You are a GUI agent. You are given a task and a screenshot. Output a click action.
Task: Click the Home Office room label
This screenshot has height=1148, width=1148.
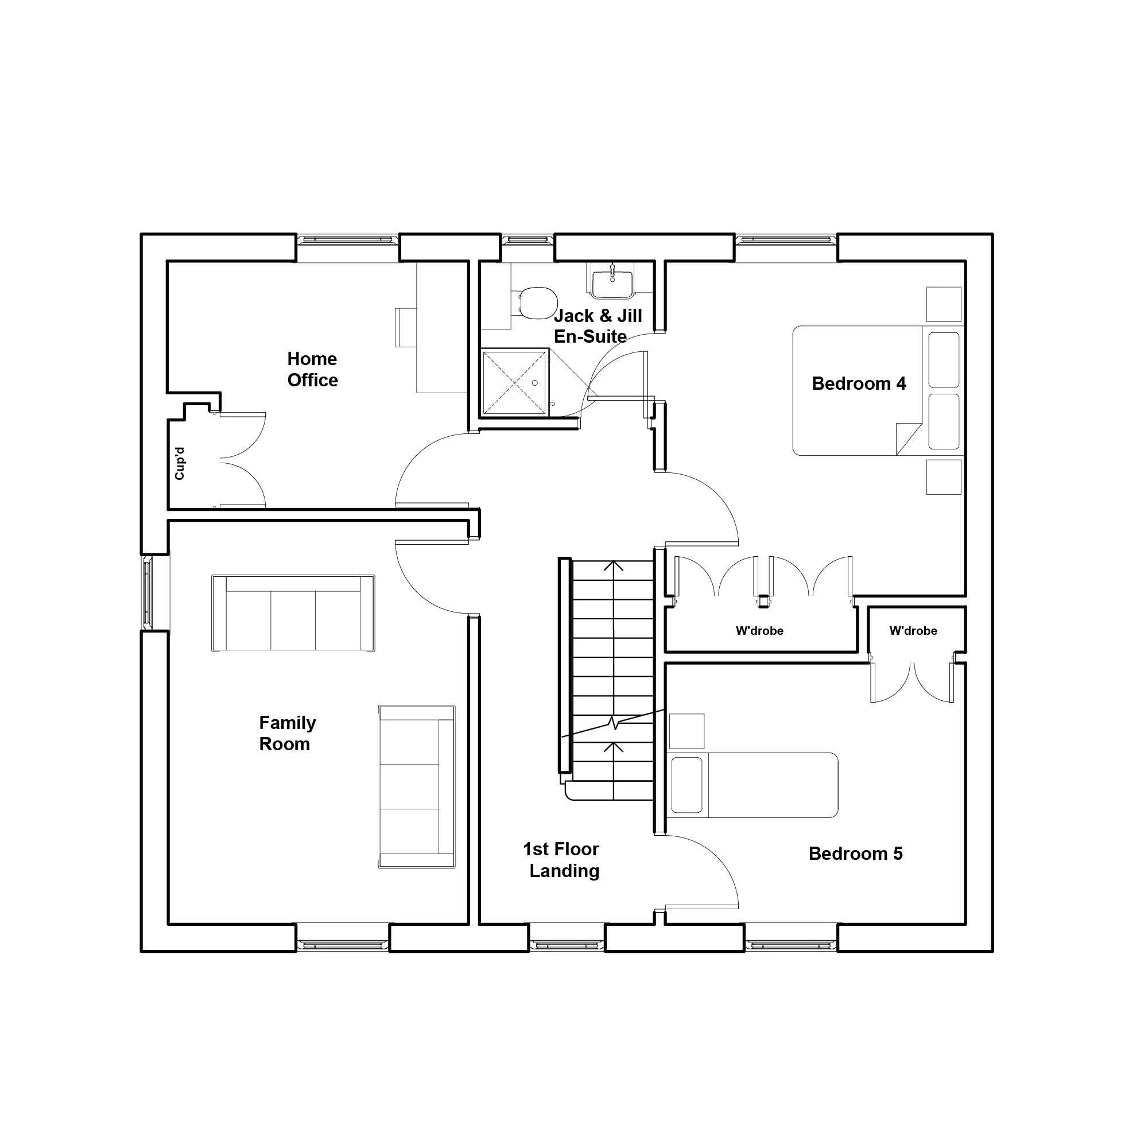313,369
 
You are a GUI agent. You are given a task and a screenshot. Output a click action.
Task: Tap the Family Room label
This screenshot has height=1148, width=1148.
287,733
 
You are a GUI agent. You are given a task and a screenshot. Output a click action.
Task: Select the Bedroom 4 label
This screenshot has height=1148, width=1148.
859,383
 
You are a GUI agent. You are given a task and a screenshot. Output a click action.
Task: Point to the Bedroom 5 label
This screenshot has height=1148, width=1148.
856,854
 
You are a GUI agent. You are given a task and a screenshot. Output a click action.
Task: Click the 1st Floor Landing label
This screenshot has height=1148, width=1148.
561,860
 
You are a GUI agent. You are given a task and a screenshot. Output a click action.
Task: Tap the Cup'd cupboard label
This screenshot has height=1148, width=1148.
180,463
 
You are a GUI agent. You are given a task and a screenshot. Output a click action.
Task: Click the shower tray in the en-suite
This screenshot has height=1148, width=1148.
514,383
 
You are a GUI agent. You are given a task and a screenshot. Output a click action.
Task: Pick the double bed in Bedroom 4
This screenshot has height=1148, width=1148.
877,390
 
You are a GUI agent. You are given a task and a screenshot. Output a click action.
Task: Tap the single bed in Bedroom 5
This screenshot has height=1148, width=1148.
753,785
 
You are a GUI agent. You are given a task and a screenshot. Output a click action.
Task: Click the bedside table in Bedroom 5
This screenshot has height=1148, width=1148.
687,731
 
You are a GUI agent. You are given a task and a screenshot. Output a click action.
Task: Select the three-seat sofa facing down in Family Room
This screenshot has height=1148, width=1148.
293,613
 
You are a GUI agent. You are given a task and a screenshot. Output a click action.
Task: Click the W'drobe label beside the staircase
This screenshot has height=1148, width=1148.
759,631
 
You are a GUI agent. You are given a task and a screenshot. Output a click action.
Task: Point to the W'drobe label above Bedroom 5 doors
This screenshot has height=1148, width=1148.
913,631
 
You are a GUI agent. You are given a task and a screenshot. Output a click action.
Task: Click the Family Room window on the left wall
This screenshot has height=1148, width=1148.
148,593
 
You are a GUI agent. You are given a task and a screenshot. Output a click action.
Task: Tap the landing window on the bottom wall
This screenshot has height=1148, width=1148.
567,945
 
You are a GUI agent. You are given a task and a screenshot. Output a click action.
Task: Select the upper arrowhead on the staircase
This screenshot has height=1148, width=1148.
613,566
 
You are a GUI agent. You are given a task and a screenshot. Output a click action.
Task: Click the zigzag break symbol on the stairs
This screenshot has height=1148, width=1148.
613,723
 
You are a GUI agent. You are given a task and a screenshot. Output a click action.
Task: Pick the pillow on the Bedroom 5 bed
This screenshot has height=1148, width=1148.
687,785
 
